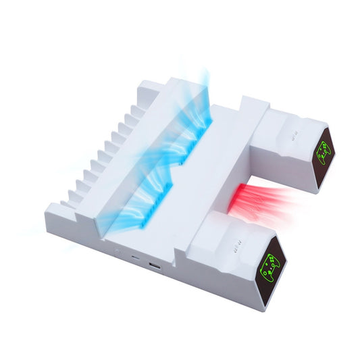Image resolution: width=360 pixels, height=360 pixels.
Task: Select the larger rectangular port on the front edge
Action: pos(155,265)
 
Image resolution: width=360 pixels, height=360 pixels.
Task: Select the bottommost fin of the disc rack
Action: pos(65,202)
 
